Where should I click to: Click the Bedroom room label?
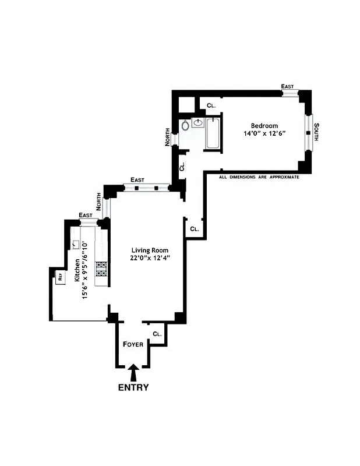[x=264, y=126]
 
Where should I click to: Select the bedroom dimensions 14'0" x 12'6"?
[x=264, y=134]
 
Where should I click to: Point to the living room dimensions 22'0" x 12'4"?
[x=150, y=257]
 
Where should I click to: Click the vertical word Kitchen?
[x=76, y=271]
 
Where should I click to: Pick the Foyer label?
[x=133, y=344]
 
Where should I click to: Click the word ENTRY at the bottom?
[x=133, y=387]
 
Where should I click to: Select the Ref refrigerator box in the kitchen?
[x=59, y=278]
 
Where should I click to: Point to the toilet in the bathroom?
[x=185, y=124]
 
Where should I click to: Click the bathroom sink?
[x=197, y=122]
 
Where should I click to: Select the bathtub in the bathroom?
[x=213, y=133]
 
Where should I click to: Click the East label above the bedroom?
[x=287, y=86]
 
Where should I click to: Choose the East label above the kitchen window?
[x=86, y=215]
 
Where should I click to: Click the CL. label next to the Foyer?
[x=157, y=334]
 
